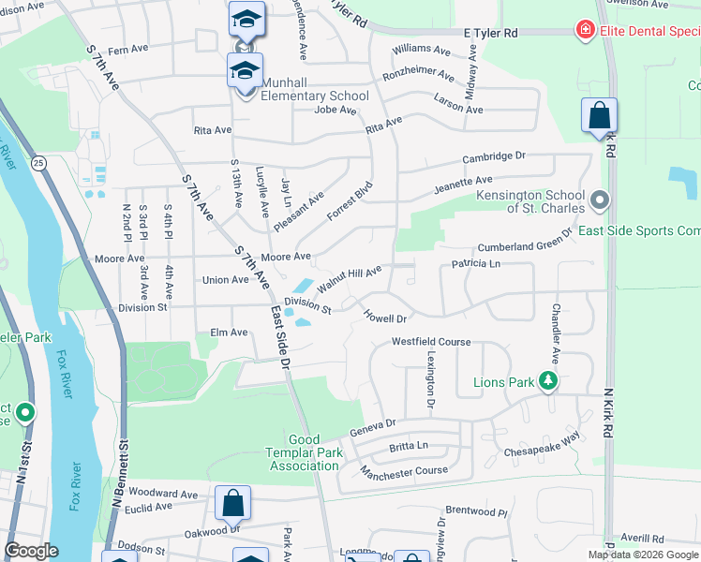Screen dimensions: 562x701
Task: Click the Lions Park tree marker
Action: (549, 381)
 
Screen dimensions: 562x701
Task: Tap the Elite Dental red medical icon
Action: (586, 31)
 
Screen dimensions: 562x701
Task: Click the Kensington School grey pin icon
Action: (601, 200)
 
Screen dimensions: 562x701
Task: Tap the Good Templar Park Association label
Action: (300, 452)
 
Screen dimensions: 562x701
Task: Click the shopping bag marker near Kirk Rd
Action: (599, 117)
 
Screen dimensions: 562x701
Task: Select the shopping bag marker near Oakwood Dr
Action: (232, 504)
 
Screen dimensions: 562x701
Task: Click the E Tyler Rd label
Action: (491, 33)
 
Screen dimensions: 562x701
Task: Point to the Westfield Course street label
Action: (431, 342)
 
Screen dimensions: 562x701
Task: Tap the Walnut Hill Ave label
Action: (349, 277)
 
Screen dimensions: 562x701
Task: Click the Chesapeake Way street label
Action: (544, 441)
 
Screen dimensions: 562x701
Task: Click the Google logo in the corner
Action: (31, 551)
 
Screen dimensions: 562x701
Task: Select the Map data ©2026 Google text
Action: (643, 555)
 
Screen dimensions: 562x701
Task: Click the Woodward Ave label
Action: (163, 493)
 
